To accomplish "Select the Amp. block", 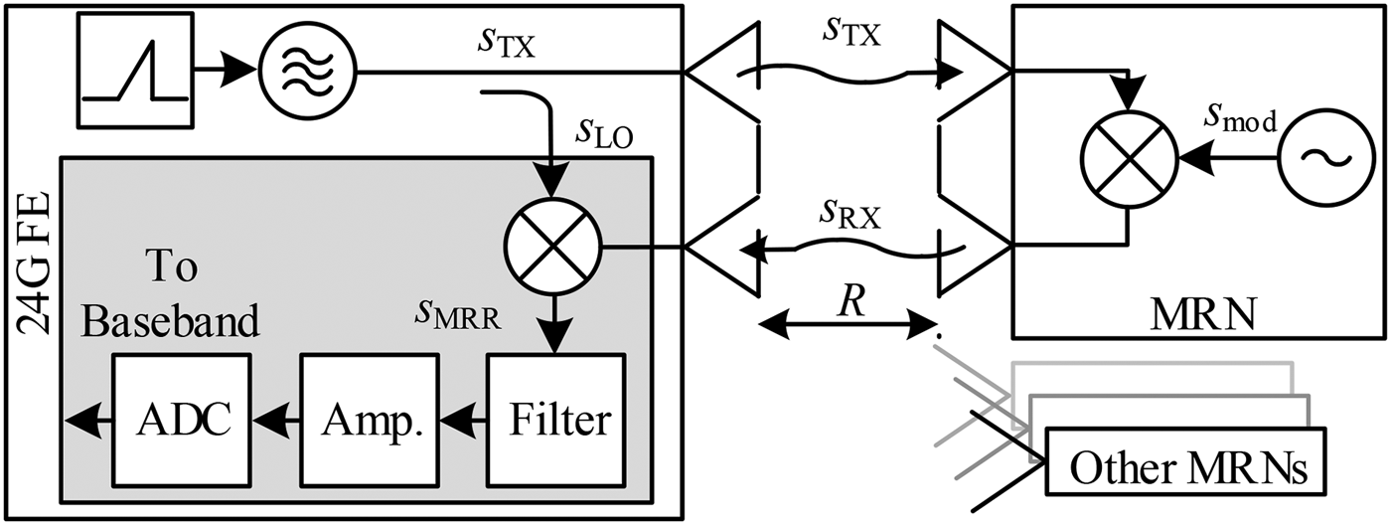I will (x=369, y=420).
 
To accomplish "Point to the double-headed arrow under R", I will (x=848, y=323).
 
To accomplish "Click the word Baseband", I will (x=171, y=320).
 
